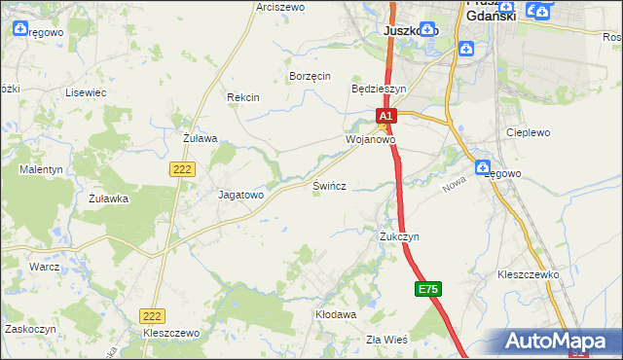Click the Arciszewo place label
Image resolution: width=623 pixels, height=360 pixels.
tap(280, 7)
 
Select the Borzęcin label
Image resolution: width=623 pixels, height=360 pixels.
tap(311, 76)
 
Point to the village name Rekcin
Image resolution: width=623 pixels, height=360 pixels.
tap(242, 97)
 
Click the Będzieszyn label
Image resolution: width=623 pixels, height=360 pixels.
tap(378, 88)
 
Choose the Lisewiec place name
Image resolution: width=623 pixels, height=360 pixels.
tap(85, 92)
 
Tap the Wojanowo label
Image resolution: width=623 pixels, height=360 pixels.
tap(370, 139)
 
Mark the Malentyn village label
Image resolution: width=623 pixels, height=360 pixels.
tap(41, 169)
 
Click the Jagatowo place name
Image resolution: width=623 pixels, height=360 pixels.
tap(240, 195)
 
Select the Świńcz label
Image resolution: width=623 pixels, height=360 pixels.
tap(330, 185)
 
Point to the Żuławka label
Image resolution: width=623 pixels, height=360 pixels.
tap(108, 198)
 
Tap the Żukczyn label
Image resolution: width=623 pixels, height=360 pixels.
tap(399, 236)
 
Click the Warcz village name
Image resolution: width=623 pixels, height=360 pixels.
tap(45, 266)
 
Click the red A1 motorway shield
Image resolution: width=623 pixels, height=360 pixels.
tap(385, 117)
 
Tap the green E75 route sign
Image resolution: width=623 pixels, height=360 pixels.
tap(427, 290)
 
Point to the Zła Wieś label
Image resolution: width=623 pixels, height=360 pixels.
tap(386, 339)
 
